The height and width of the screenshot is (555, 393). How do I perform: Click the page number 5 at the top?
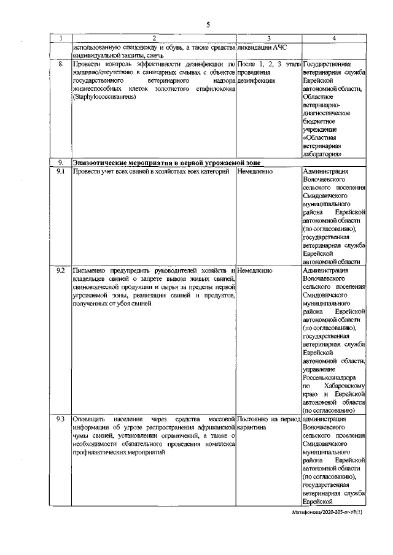click(x=208, y=25)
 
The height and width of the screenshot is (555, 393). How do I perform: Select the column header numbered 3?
click(x=268, y=39)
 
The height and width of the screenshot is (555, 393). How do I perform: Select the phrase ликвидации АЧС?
click(x=262, y=47)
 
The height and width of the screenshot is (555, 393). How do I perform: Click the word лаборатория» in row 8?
click(x=322, y=154)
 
